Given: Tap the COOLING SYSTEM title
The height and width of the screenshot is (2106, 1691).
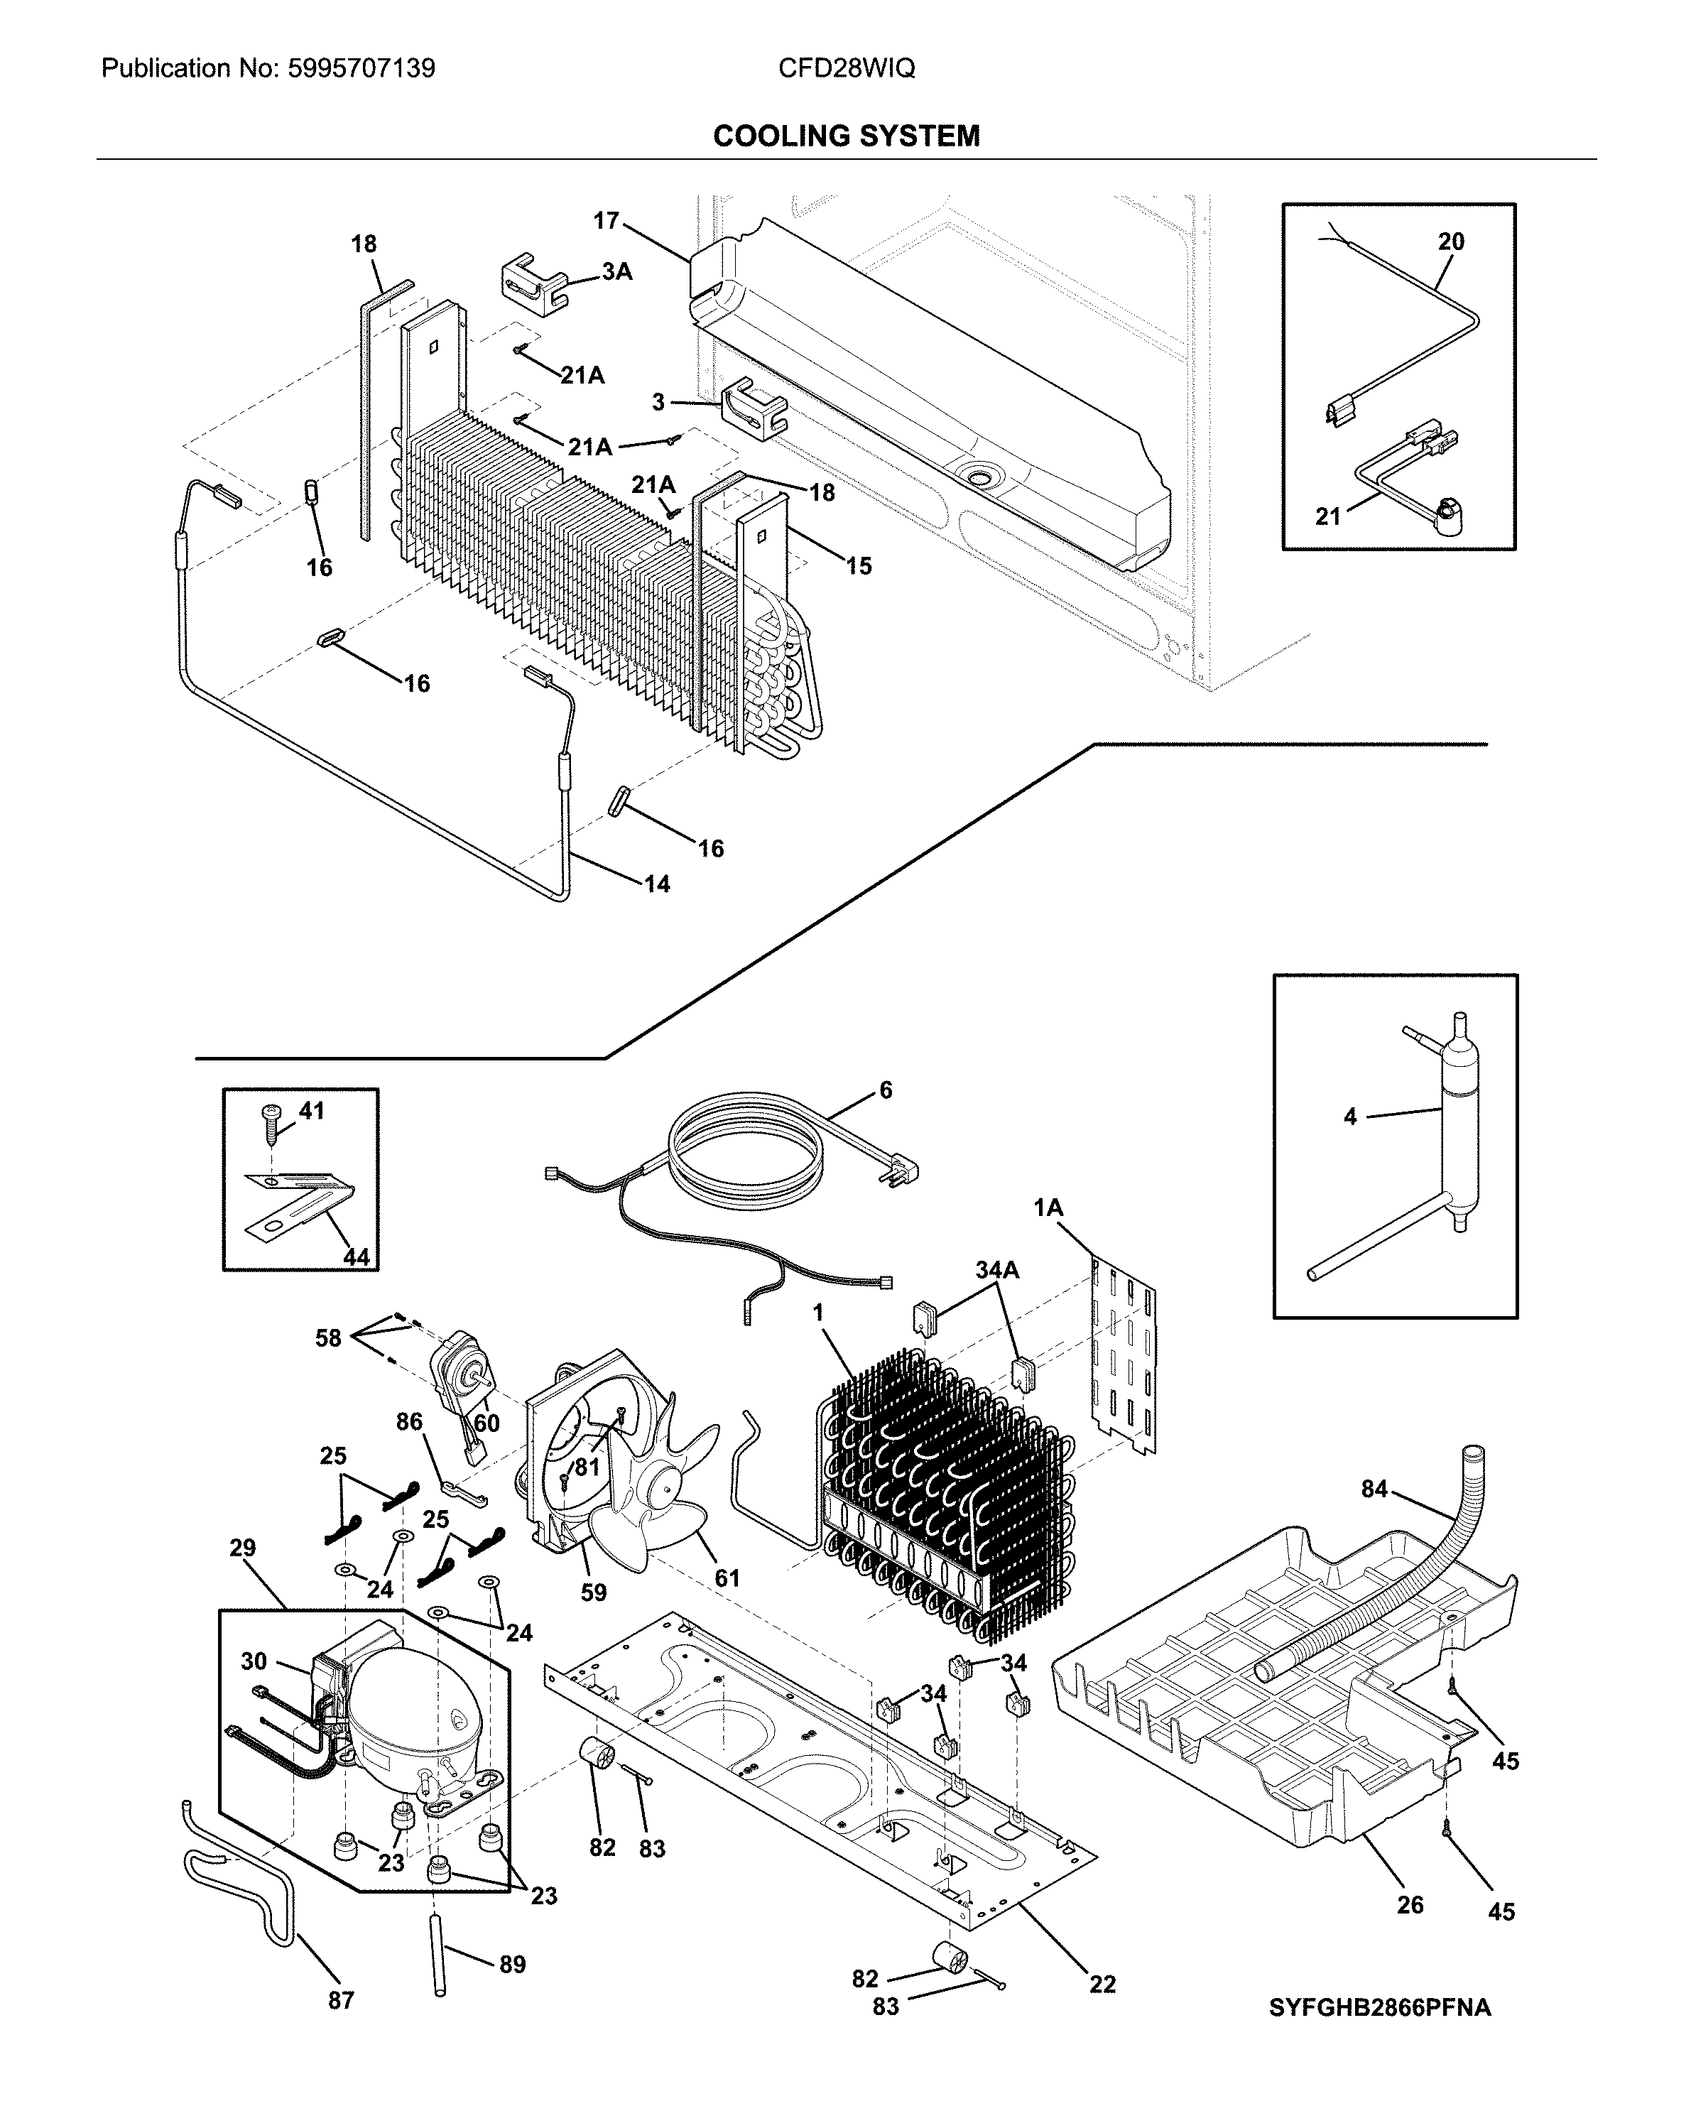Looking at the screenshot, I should (x=846, y=136).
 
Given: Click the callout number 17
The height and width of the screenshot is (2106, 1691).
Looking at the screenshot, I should (x=606, y=221).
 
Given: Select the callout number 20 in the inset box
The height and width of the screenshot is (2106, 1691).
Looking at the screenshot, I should (x=1451, y=241).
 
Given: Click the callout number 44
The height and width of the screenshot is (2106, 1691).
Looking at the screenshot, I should (x=357, y=1257).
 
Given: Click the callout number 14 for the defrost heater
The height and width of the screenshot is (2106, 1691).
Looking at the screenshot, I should (x=656, y=884).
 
